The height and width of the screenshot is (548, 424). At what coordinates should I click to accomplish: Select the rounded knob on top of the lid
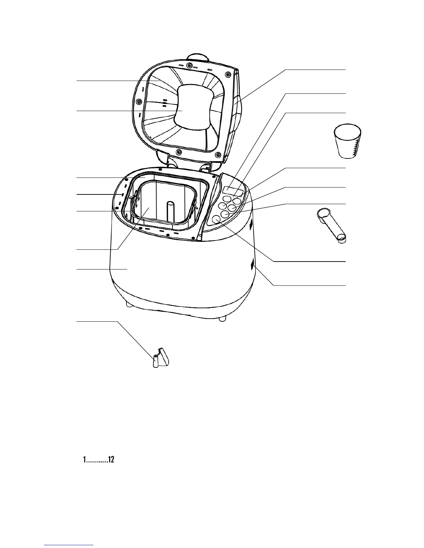coord(197,57)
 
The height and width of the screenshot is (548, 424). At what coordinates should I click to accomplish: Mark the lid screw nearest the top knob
coord(189,65)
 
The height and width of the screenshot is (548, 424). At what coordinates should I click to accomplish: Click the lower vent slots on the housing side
coord(252,264)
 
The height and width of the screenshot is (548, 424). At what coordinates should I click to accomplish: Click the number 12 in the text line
coord(111,460)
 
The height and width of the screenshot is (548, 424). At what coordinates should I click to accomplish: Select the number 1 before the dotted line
coord(84,460)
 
